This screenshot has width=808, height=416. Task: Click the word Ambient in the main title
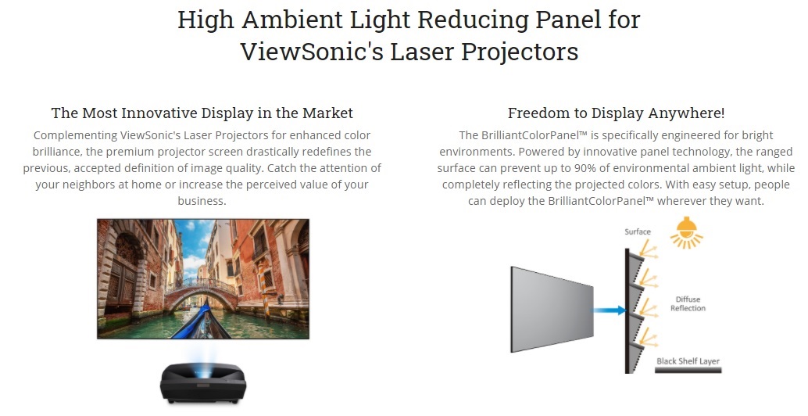(291, 20)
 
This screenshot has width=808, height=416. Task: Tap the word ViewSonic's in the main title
(311, 52)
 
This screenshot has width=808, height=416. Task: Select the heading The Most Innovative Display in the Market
(202, 113)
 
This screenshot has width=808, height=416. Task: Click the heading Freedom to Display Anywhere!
(616, 113)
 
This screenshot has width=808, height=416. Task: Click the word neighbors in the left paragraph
(89, 185)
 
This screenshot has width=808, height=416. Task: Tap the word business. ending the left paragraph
(202, 201)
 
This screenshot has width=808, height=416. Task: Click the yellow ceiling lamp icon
(686, 232)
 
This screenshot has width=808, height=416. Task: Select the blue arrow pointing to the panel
(610, 310)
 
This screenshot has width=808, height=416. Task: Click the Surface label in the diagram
(638, 232)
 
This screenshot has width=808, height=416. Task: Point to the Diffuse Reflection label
(688, 303)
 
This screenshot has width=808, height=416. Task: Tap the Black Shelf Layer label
(688, 360)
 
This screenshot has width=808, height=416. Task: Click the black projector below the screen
(203, 382)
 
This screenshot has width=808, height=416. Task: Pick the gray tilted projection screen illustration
(552, 310)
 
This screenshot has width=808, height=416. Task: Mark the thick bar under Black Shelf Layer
(688, 370)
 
